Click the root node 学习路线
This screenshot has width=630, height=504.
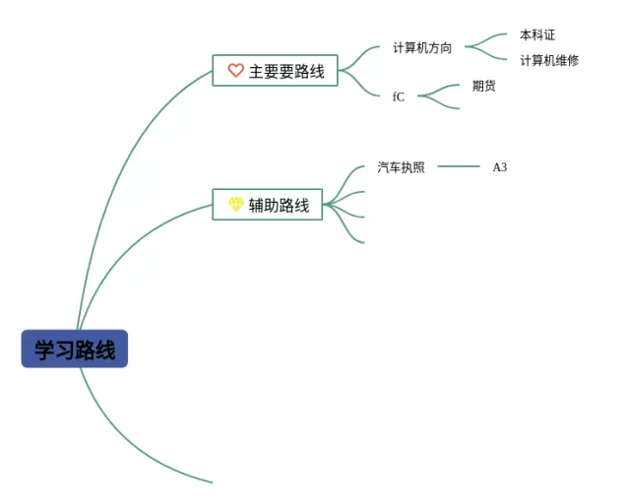click(x=75, y=349)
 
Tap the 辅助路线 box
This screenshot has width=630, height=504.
click(x=268, y=205)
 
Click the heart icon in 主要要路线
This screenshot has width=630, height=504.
click(x=235, y=71)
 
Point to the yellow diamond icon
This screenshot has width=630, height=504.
click(x=235, y=205)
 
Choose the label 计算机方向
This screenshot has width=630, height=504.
click(x=422, y=47)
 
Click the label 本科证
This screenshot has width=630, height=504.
click(x=537, y=35)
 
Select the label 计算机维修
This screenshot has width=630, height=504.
click(x=549, y=60)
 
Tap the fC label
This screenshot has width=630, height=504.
click(x=399, y=96)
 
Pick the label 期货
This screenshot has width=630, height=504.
click(x=483, y=86)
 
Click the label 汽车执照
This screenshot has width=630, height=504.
click(x=402, y=167)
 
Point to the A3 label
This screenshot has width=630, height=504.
click(x=500, y=167)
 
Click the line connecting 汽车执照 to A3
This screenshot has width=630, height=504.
click(x=458, y=166)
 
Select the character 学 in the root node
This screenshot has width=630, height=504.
click(x=45, y=349)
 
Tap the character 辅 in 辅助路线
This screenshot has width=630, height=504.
click(x=256, y=205)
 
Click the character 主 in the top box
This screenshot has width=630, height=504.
click(x=256, y=71)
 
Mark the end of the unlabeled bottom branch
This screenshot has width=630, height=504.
click(x=211, y=482)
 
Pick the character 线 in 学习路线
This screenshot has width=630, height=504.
click(x=105, y=349)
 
